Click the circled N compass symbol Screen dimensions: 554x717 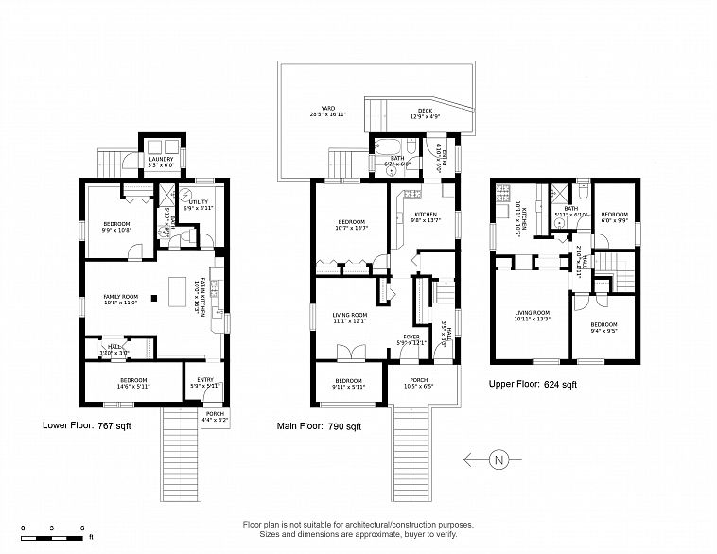pos(498,460)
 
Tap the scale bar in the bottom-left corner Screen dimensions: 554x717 pos(54,536)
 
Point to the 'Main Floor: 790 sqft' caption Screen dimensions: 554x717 pos(320,426)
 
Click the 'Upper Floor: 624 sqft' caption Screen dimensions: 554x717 pos(533,385)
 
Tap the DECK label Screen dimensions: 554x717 pos(426,113)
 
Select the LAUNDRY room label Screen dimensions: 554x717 pos(161,162)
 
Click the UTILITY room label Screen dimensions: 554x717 pos(199,204)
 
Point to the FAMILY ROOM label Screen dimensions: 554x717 pos(121,300)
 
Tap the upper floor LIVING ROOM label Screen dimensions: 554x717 pos(532,315)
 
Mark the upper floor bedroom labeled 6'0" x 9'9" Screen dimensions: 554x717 pos(615,217)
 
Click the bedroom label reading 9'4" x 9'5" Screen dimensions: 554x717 pos(603,327)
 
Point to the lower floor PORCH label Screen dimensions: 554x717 pos(216,417)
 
